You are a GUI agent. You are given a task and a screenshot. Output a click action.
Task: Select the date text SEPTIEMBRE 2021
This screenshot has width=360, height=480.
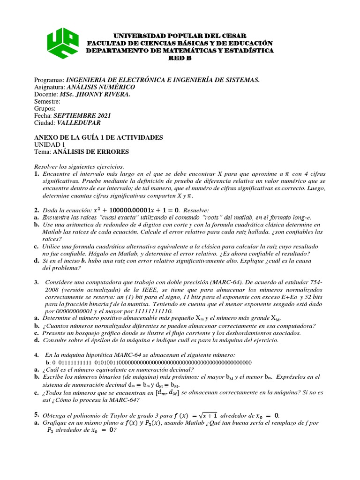coord(82,116)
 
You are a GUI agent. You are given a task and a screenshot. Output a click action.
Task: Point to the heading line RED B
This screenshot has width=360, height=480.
coord(180,58)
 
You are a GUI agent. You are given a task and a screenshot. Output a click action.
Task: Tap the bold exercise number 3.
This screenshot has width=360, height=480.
coord(37,282)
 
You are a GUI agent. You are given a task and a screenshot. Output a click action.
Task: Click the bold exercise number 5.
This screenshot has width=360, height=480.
coord(37,415)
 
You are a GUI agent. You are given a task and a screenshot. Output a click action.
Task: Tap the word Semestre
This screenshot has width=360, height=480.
coord(47,101)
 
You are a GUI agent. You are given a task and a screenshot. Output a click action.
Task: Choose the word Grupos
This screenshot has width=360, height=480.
coord(45,109)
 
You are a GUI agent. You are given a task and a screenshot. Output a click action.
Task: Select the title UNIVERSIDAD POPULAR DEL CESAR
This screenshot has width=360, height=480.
coord(180,36)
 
